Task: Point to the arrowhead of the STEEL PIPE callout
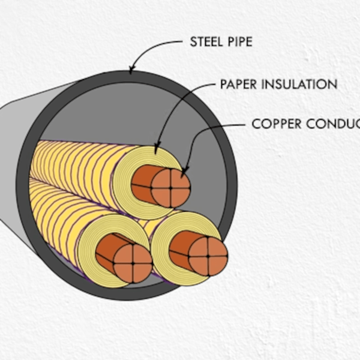click(132, 70)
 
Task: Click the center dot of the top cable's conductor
click(170, 188)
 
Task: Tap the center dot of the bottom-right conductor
click(208, 256)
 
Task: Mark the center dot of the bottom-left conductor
click(133, 263)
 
